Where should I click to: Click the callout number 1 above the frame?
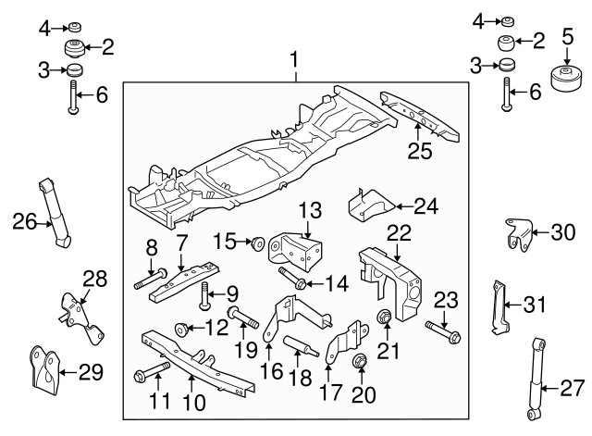pyautogui.click(x=295, y=62)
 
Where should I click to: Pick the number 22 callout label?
pyautogui.click(x=399, y=232)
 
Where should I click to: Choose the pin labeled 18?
pyautogui.click(x=302, y=347)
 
